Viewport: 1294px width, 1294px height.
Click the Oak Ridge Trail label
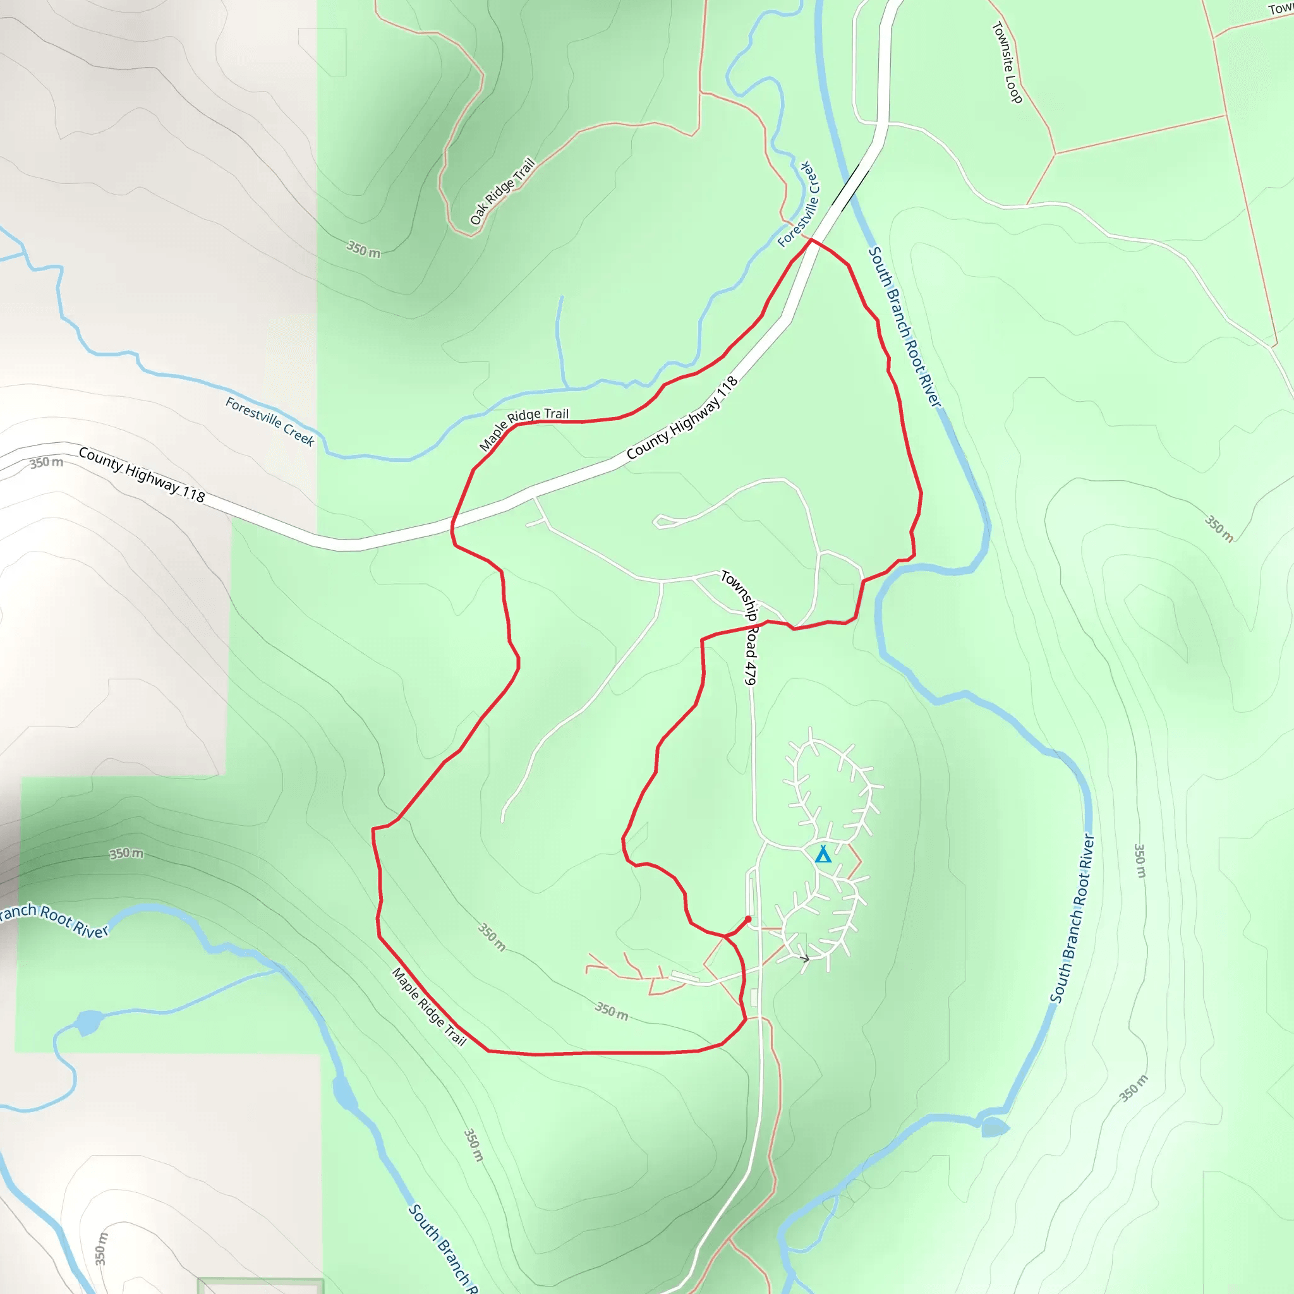tap(502, 191)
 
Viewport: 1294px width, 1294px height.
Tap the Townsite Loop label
tap(1007, 63)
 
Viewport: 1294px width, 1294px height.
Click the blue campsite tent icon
tap(823, 855)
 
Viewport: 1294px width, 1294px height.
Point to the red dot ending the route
tap(748, 919)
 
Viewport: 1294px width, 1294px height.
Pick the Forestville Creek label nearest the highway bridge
tap(798, 204)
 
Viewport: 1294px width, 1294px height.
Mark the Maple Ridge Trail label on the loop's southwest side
tap(428, 1006)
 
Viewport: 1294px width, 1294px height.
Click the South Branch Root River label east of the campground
tap(1072, 918)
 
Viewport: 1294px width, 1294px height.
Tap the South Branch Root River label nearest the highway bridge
tap(905, 327)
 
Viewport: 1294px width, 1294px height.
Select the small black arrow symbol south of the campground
tap(805, 958)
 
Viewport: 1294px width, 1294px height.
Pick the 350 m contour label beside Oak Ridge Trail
tap(363, 250)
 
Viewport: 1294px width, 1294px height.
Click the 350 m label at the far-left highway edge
tap(46, 463)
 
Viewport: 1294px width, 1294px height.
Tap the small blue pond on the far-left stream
tap(88, 1023)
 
